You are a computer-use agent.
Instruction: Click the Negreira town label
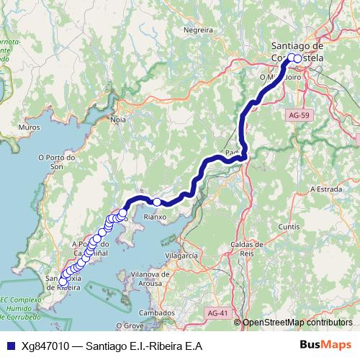click(x=199, y=30)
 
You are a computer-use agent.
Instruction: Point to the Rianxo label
click(x=155, y=215)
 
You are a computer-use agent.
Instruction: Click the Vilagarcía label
click(x=181, y=256)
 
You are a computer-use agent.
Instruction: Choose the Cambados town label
click(x=158, y=313)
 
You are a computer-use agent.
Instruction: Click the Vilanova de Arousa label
click(x=150, y=278)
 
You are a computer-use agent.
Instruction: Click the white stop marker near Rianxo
click(x=157, y=202)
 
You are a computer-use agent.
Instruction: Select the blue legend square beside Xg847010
click(x=9, y=345)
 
